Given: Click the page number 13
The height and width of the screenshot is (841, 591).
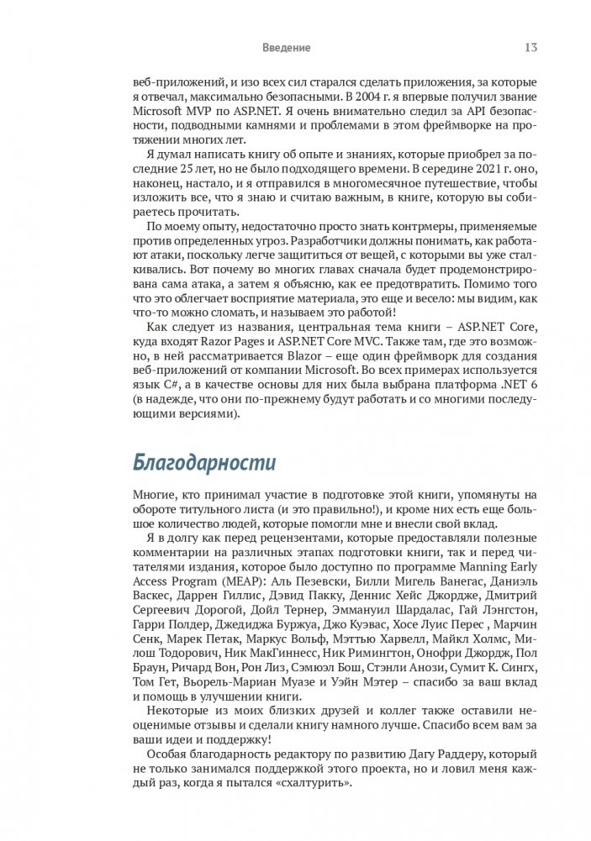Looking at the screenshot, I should [x=531, y=48].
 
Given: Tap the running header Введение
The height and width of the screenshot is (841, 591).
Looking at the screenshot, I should [x=287, y=48].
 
